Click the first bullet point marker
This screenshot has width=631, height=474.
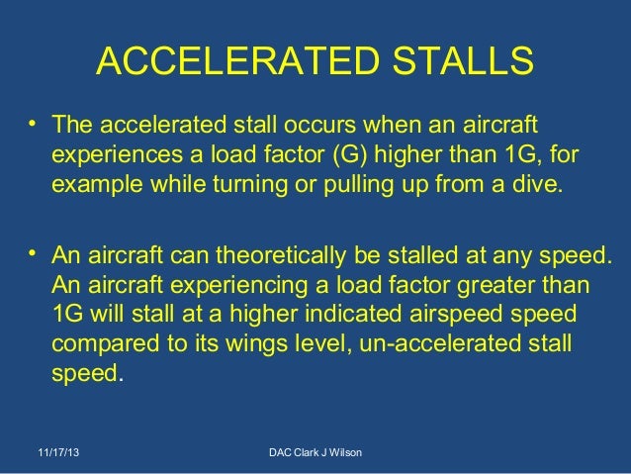tap(33, 126)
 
